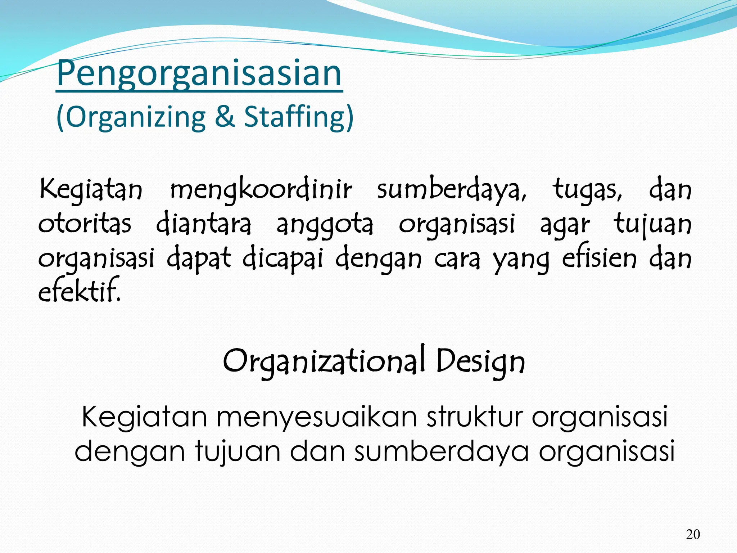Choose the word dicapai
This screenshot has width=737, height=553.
pos(283,258)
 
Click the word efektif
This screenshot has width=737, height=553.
pos(79,291)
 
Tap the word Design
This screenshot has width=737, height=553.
pos(480,361)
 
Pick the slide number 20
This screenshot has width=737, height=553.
pos(693,534)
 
